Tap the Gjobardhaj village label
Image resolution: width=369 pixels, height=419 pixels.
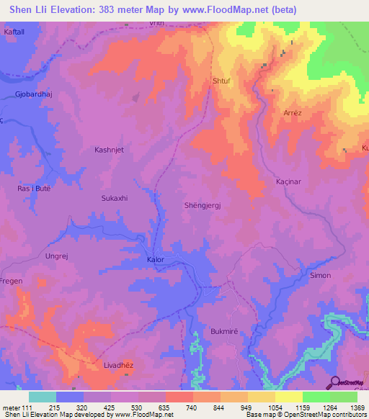pos(34,95)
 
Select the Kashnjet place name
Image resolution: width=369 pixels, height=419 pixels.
pos(110,150)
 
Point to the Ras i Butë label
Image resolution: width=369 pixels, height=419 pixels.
pos(34,188)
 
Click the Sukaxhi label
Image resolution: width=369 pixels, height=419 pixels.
pos(114,197)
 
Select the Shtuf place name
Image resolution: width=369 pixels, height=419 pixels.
pos(221,81)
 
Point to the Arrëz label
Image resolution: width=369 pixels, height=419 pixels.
pos(292,113)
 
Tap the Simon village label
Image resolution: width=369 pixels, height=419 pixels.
pos(320,275)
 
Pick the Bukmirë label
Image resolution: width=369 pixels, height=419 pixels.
pos(224,331)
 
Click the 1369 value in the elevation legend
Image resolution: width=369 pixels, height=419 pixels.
pos(344,407)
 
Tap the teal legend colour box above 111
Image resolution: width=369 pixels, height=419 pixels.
pos(42,397)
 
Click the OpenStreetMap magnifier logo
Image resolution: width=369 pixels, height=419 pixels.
pos(336,382)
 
